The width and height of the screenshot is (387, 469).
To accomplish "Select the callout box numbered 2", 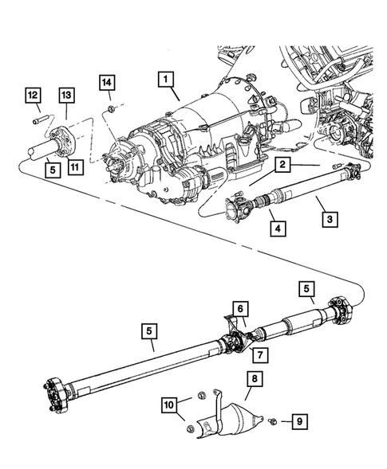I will pyautogui.click(x=282, y=165).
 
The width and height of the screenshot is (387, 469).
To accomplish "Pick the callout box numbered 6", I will pyautogui.click(x=239, y=307).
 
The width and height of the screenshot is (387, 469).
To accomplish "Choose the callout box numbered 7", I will pyautogui.click(x=258, y=354).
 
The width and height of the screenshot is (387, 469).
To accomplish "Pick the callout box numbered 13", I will pyautogui.click(x=65, y=95).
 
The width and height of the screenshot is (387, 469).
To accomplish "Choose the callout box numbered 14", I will pyautogui.click(x=108, y=80).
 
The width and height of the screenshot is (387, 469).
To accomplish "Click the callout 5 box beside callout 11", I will pyautogui.click(x=50, y=169).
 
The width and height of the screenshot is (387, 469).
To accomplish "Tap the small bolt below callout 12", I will pyautogui.click(x=37, y=120).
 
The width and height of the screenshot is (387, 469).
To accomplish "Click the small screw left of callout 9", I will pyautogui.click(x=273, y=421).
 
